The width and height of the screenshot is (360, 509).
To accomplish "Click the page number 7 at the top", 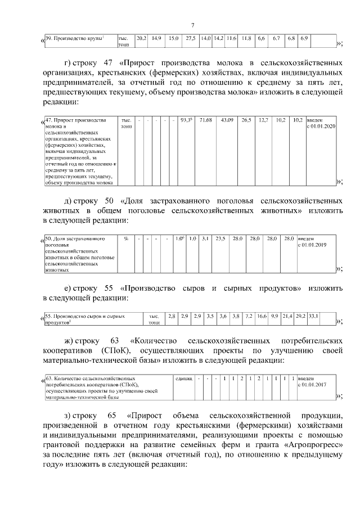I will pos(192,25).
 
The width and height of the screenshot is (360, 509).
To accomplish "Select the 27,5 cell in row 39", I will pos(191,38).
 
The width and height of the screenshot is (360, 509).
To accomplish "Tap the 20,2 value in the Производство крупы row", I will pos(142,38).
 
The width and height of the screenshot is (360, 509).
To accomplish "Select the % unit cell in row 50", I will pos(126,238).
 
